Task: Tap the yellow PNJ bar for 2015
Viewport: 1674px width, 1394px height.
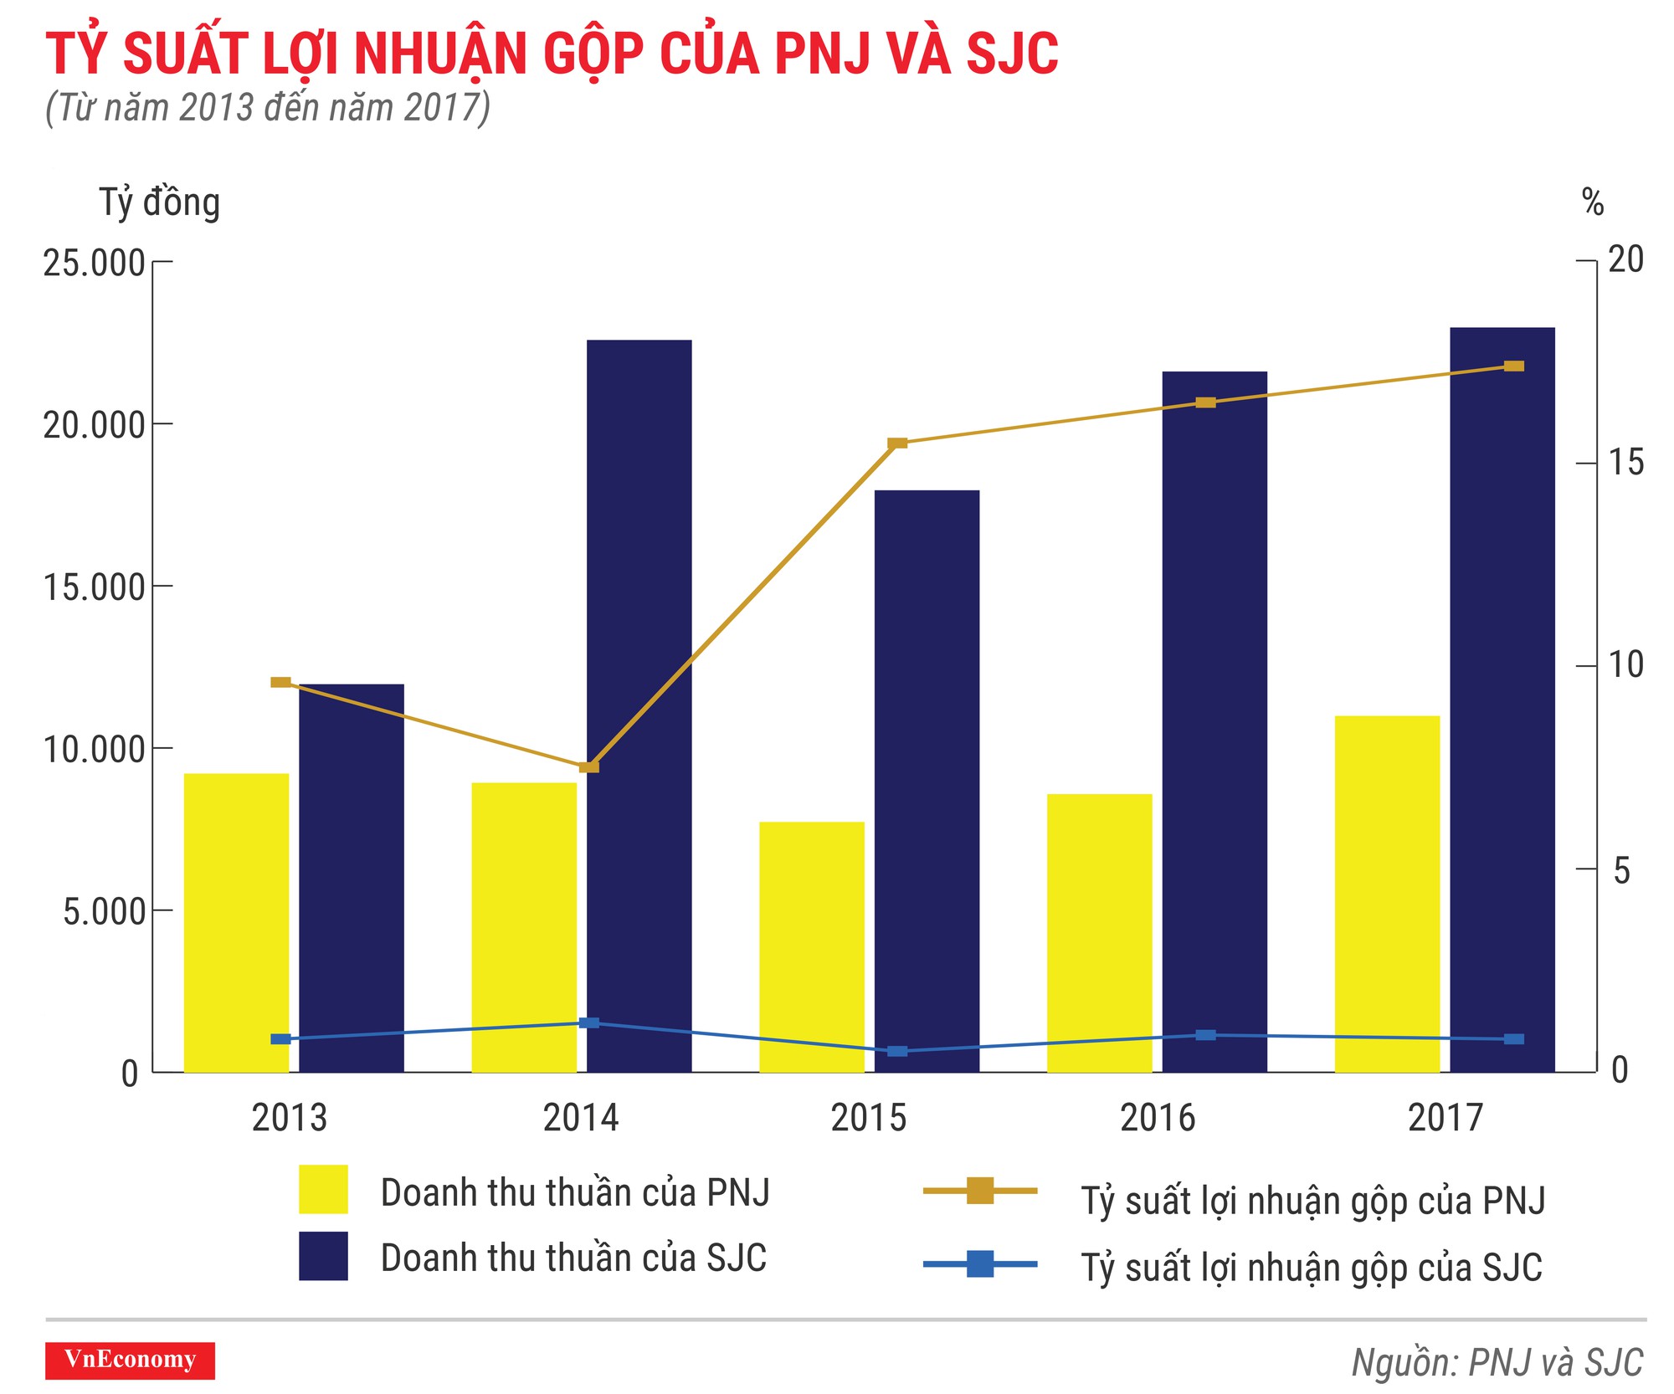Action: click(811, 946)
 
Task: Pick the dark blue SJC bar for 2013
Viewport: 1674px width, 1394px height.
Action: click(352, 878)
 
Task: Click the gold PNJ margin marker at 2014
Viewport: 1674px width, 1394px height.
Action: click(589, 766)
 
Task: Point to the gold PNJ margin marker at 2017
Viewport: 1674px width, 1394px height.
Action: click(1513, 366)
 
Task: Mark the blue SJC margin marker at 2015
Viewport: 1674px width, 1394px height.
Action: click(896, 1051)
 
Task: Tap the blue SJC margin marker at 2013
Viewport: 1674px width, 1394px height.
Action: click(280, 1039)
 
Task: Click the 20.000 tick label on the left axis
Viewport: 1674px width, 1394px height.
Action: click(95, 425)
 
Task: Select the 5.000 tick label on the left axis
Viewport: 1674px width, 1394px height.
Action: click(105, 911)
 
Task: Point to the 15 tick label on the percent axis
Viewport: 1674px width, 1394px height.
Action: click(1626, 463)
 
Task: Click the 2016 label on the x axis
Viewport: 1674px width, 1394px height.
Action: click(1158, 1118)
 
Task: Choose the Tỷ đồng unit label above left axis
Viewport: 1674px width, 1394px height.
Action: click(159, 202)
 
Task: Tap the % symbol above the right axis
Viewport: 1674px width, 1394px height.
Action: click(1593, 202)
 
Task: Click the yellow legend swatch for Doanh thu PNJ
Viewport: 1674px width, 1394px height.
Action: click(323, 1189)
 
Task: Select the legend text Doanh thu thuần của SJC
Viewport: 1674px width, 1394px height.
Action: click(573, 1258)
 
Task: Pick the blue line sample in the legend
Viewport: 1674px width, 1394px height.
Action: click(979, 1263)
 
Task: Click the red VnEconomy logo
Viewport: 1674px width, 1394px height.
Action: click(130, 1360)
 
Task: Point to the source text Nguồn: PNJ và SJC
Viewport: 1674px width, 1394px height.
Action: click(1497, 1362)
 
